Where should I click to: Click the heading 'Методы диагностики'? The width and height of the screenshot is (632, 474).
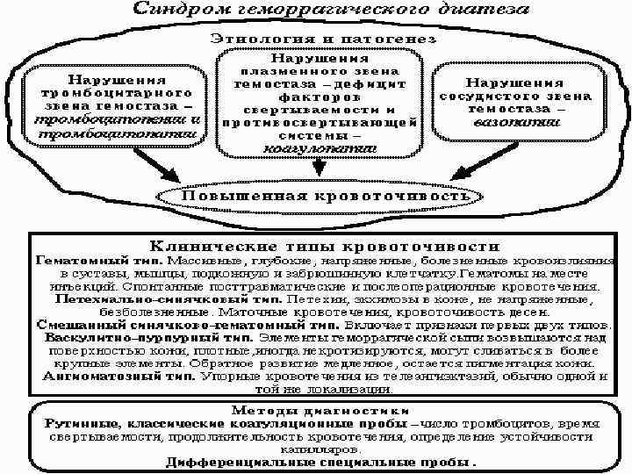(x=320, y=410)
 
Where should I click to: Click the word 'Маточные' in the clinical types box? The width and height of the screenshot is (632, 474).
(x=254, y=311)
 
